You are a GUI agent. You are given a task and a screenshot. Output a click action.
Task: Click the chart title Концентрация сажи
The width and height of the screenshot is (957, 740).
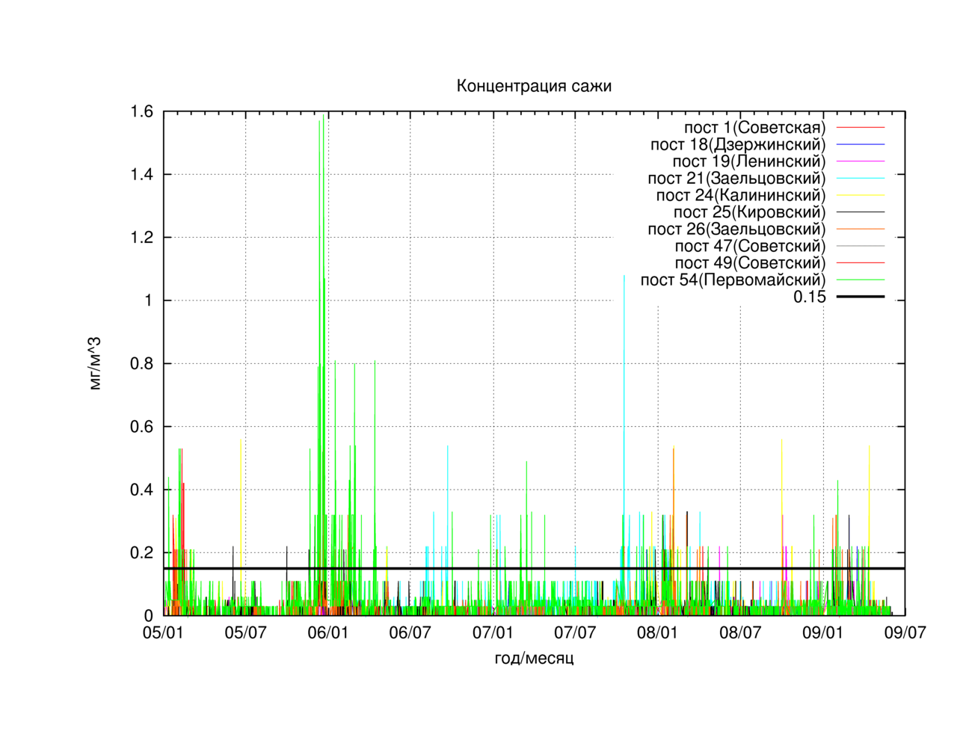(533, 86)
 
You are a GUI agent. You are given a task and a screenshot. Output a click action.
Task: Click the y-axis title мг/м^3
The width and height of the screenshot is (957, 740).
(95, 363)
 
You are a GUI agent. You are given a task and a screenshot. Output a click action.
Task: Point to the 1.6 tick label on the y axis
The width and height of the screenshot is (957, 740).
(141, 111)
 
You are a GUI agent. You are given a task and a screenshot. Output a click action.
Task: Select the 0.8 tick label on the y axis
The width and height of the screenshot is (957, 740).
(141, 363)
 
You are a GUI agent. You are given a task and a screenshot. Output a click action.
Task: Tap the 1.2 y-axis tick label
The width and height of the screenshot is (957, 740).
(141, 238)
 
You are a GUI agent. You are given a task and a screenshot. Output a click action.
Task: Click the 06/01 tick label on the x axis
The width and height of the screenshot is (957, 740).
(328, 632)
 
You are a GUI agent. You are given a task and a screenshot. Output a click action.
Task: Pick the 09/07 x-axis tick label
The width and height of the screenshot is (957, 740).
(905, 632)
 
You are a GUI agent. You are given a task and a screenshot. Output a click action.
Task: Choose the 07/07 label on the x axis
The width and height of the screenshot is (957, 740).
(575, 632)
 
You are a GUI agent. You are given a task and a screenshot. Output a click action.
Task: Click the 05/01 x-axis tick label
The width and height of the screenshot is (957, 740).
(163, 632)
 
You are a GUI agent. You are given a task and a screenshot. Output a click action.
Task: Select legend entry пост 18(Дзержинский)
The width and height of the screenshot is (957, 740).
(738, 144)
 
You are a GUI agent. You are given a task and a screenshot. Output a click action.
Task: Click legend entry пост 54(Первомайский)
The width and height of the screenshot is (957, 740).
(733, 280)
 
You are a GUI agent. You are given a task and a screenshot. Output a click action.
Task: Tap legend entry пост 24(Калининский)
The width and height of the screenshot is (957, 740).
(741, 195)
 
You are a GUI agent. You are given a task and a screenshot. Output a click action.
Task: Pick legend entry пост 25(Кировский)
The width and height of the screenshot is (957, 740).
(750, 212)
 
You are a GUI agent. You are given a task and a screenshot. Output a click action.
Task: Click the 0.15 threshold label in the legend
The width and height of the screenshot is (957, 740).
(810, 297)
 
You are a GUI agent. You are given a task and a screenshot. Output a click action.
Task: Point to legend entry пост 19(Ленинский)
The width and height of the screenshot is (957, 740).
(748, 161)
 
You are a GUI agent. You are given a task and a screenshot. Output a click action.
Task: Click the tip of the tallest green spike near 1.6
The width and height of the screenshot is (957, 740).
(323, 114)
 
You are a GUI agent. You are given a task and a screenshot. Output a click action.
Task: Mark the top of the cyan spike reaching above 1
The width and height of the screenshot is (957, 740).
(624, 276)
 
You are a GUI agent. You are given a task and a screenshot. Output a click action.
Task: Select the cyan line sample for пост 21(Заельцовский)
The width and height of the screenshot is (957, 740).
(861, 179)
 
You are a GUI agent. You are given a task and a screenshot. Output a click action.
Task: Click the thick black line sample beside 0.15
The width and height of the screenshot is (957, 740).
(861, 297)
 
